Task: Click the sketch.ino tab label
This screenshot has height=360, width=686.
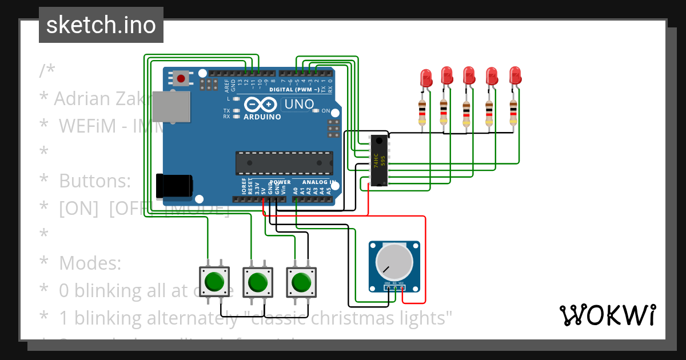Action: [101, 25]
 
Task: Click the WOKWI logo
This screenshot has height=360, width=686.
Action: [607, 315]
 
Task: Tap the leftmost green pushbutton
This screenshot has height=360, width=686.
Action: [214, 282]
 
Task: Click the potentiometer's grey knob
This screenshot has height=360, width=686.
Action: [394, 261]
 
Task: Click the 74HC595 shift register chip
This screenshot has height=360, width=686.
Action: [378, 161]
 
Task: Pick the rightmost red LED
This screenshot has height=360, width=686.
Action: [515, 76]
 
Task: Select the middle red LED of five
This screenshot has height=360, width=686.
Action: [469, 76]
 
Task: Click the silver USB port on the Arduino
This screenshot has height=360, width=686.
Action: [171, 106]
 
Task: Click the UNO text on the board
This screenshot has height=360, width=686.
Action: [299, 104]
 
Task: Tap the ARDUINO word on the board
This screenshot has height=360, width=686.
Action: [262, 117]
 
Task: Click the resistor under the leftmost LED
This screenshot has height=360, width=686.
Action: [422, 112]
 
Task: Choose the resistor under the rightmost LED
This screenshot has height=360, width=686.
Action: [513, 112]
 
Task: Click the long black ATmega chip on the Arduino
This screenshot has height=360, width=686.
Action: [284, 163]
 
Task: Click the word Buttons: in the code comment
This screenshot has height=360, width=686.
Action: [95, 181]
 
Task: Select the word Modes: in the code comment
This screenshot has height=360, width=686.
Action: [90, 263]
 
